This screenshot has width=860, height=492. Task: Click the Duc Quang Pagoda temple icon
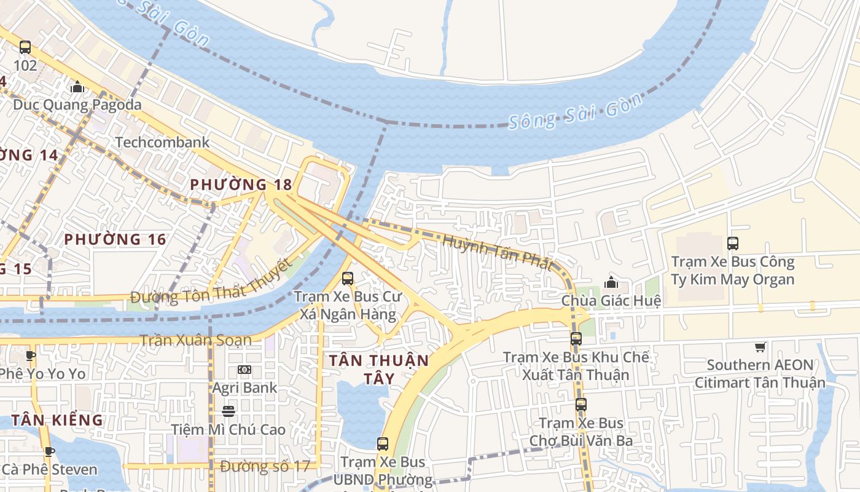77,87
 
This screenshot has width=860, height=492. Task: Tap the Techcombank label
162,142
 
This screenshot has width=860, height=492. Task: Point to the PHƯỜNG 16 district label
115,239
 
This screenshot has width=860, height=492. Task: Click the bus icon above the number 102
25,47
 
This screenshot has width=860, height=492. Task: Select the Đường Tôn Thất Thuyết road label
211,285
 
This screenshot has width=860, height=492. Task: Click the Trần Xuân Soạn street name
195,340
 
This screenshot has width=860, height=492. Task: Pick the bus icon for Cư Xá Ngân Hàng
348,278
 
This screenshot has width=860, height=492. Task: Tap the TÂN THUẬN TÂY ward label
378,368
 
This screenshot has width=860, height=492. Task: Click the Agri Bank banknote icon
244,370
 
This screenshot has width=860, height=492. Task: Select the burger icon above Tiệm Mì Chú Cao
229,411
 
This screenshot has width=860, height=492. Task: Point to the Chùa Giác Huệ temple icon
611,282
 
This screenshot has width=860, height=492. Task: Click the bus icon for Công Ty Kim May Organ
733,243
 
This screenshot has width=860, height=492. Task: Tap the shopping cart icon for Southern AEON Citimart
760,347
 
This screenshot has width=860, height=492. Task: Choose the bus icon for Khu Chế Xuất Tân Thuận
576,338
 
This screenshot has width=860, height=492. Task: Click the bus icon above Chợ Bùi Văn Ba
581,404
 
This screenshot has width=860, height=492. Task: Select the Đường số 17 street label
265,466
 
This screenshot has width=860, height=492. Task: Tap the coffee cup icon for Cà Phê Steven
49,451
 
